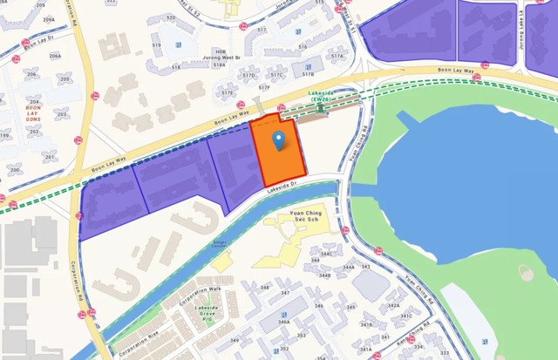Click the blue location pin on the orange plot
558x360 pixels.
click(278, 139)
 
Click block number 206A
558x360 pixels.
click(55, 55)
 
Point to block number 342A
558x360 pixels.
click(393, 305)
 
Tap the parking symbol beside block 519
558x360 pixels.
click(179, 44)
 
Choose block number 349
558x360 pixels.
click(234, 341)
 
